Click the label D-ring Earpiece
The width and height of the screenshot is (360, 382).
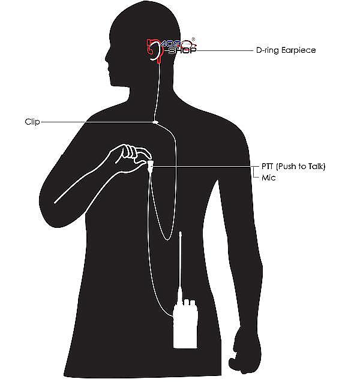[286, 50]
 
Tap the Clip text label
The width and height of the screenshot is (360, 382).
[32, 122]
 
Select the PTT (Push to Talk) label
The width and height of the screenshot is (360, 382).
[293, 166]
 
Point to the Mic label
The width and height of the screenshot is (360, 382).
[269, 178]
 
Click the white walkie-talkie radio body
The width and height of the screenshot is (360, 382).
[185, 326]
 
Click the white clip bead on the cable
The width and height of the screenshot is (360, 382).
[155, 122]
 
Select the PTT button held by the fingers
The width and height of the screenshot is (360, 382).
[150, 165]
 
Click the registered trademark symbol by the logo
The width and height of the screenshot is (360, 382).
[193, 39]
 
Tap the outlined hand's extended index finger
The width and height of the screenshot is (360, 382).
[144, 152]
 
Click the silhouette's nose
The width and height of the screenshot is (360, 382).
[107, 56]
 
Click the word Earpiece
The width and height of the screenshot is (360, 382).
[299, 50]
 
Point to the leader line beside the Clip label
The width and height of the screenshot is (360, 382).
[97, 122]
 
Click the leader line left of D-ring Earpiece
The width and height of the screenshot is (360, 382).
[225, 50]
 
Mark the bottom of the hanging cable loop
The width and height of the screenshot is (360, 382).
[167, 240]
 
